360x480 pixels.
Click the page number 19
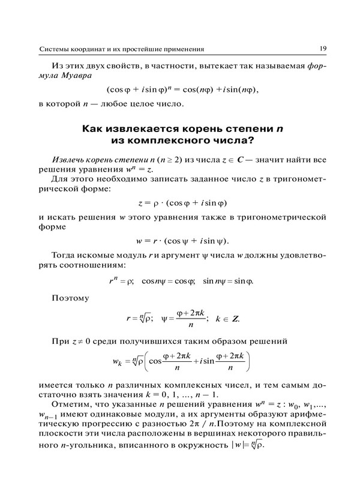[x=322, y=49]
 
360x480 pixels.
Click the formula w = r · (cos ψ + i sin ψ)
[x=182, y=241]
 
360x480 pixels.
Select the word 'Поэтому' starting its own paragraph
[x=70, y=297]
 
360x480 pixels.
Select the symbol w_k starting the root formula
[x=118, y=362]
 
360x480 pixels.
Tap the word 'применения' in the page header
[x=181, y=49]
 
